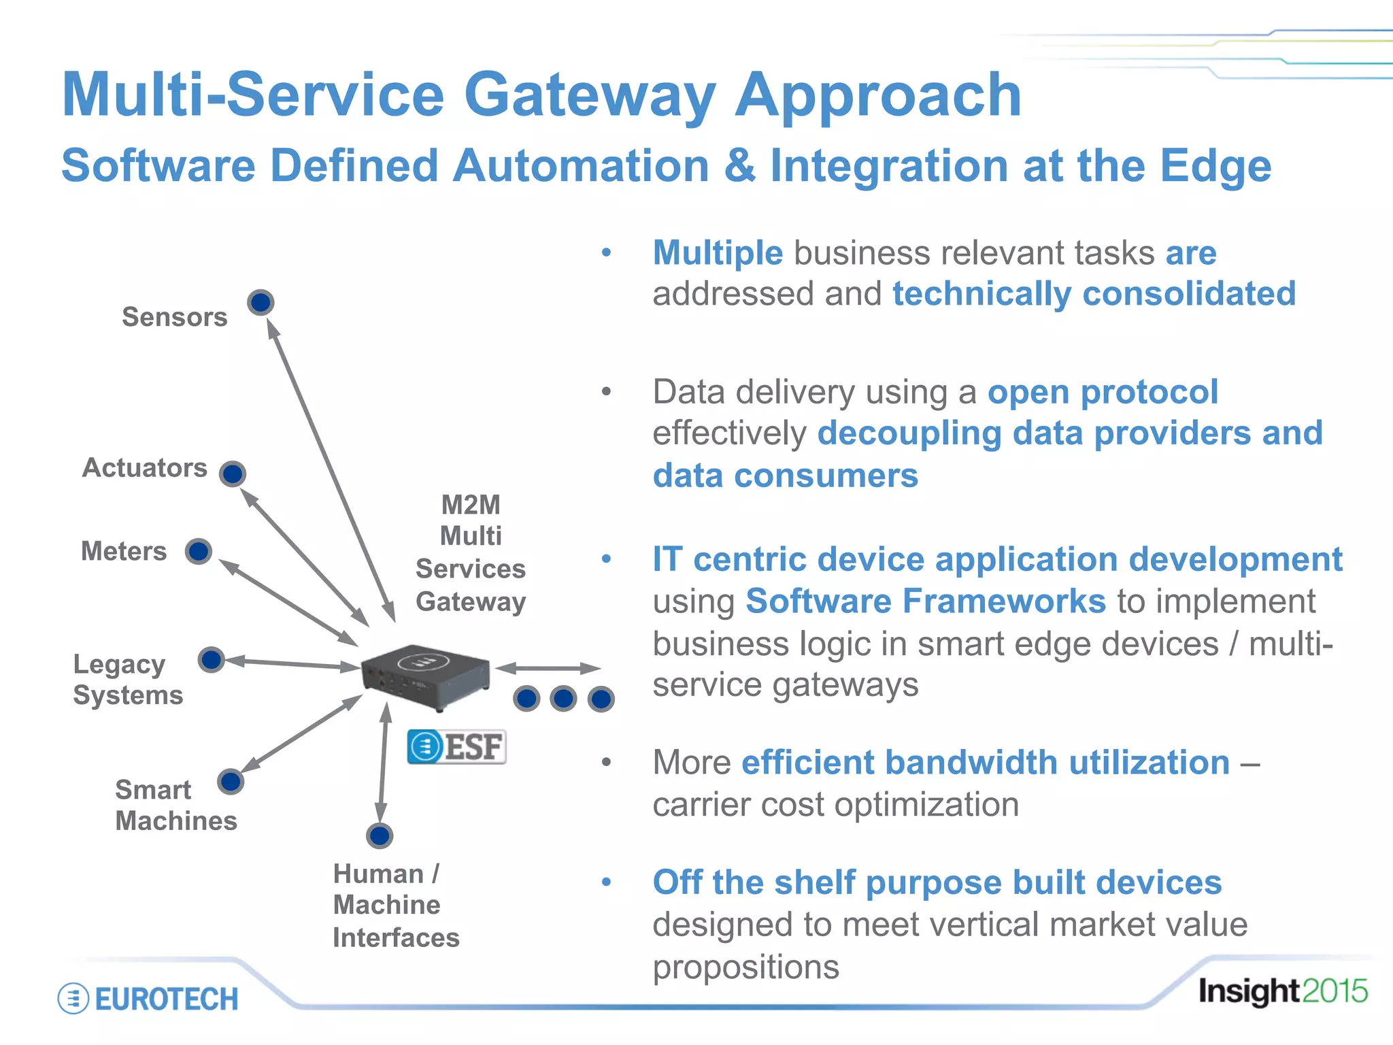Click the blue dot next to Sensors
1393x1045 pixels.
click(x=261, y=302)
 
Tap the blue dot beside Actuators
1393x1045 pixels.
click(x=233, y=474)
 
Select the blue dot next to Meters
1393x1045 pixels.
click(x=199, y=551)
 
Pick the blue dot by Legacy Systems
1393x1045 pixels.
click(x=212, y=659)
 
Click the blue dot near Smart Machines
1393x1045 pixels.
click(x=231, y=782)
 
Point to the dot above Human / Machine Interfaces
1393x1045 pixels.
click(x=380, y=835)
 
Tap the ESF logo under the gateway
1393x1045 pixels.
click(x=456, y=747)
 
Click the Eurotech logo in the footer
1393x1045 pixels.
click(x=148, y=999)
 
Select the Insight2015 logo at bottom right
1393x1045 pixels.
click(x=1283, y=991)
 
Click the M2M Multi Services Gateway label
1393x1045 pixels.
click(x=471, y=552)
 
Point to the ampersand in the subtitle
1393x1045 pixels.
click(x=740, y=166)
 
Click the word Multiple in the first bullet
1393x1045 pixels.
click(x=718, y=253)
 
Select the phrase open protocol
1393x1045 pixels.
click(x=1103, y=393)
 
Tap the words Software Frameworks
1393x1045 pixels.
click(x=926, y=601)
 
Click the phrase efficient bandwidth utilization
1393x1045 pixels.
click(x=986, y=763)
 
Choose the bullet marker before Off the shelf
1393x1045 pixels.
click(x=606, y=882)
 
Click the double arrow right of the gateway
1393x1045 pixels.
click(x=548, y=668)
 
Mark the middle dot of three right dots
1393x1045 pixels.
click(x=564, y=699)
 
